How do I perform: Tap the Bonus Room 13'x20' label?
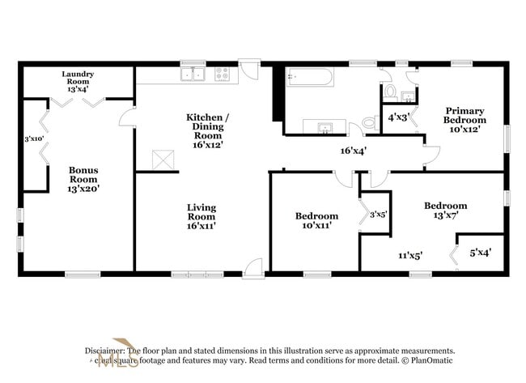pyautogui.click(x=83, y=175)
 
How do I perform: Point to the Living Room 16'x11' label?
pyautogui.click(x=201, y=211)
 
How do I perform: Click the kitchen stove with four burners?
pyautogui.click(x=223, y=75)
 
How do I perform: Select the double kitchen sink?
pyautogui.click(x=193, y=75)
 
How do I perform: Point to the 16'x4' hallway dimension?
pyautogui.click(x=354, y=150)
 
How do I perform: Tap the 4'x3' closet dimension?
pyautogui.click(x=398, y=117)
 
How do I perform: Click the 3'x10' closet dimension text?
pyautogui.click(x=33, y=138)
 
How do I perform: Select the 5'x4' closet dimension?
pyautogui.click(x=481, y=253)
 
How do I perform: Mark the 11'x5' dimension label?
pyautogui.click(x=409, y=256)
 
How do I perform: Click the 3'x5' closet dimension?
pyautogui.click(x=378, y=215)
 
